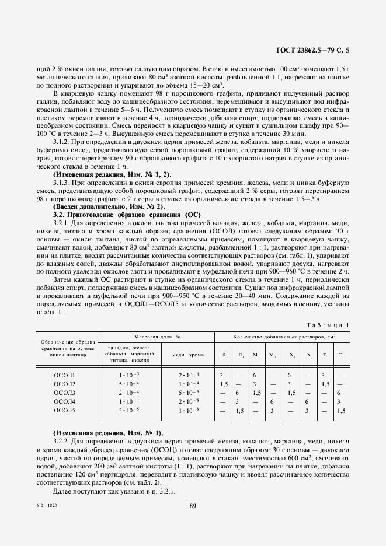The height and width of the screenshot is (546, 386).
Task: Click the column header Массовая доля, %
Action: tap(157, 337)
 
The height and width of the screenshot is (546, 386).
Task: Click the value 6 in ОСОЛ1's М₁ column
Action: tap(255, 374)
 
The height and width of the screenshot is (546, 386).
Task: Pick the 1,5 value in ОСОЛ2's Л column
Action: tap(223, 383)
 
